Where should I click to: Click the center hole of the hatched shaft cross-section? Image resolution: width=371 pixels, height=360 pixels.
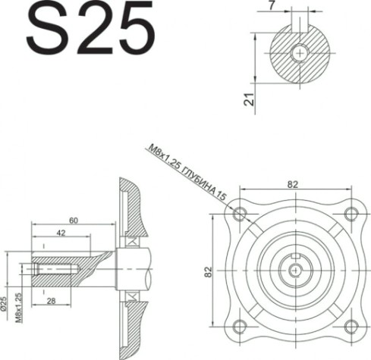tap(301, 53)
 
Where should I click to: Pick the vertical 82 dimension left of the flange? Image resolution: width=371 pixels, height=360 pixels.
tap(209, 271)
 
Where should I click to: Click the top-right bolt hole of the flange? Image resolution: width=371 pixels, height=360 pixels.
tap(350, 213)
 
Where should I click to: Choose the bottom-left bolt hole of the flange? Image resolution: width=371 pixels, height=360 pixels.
tap(241, 326)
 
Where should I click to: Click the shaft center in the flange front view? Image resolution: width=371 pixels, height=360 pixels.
tap(295, 269)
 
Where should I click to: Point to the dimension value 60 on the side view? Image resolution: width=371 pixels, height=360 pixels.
tap(73, 221)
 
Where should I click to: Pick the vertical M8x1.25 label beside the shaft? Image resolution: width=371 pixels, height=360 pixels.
tap(16, 307)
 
